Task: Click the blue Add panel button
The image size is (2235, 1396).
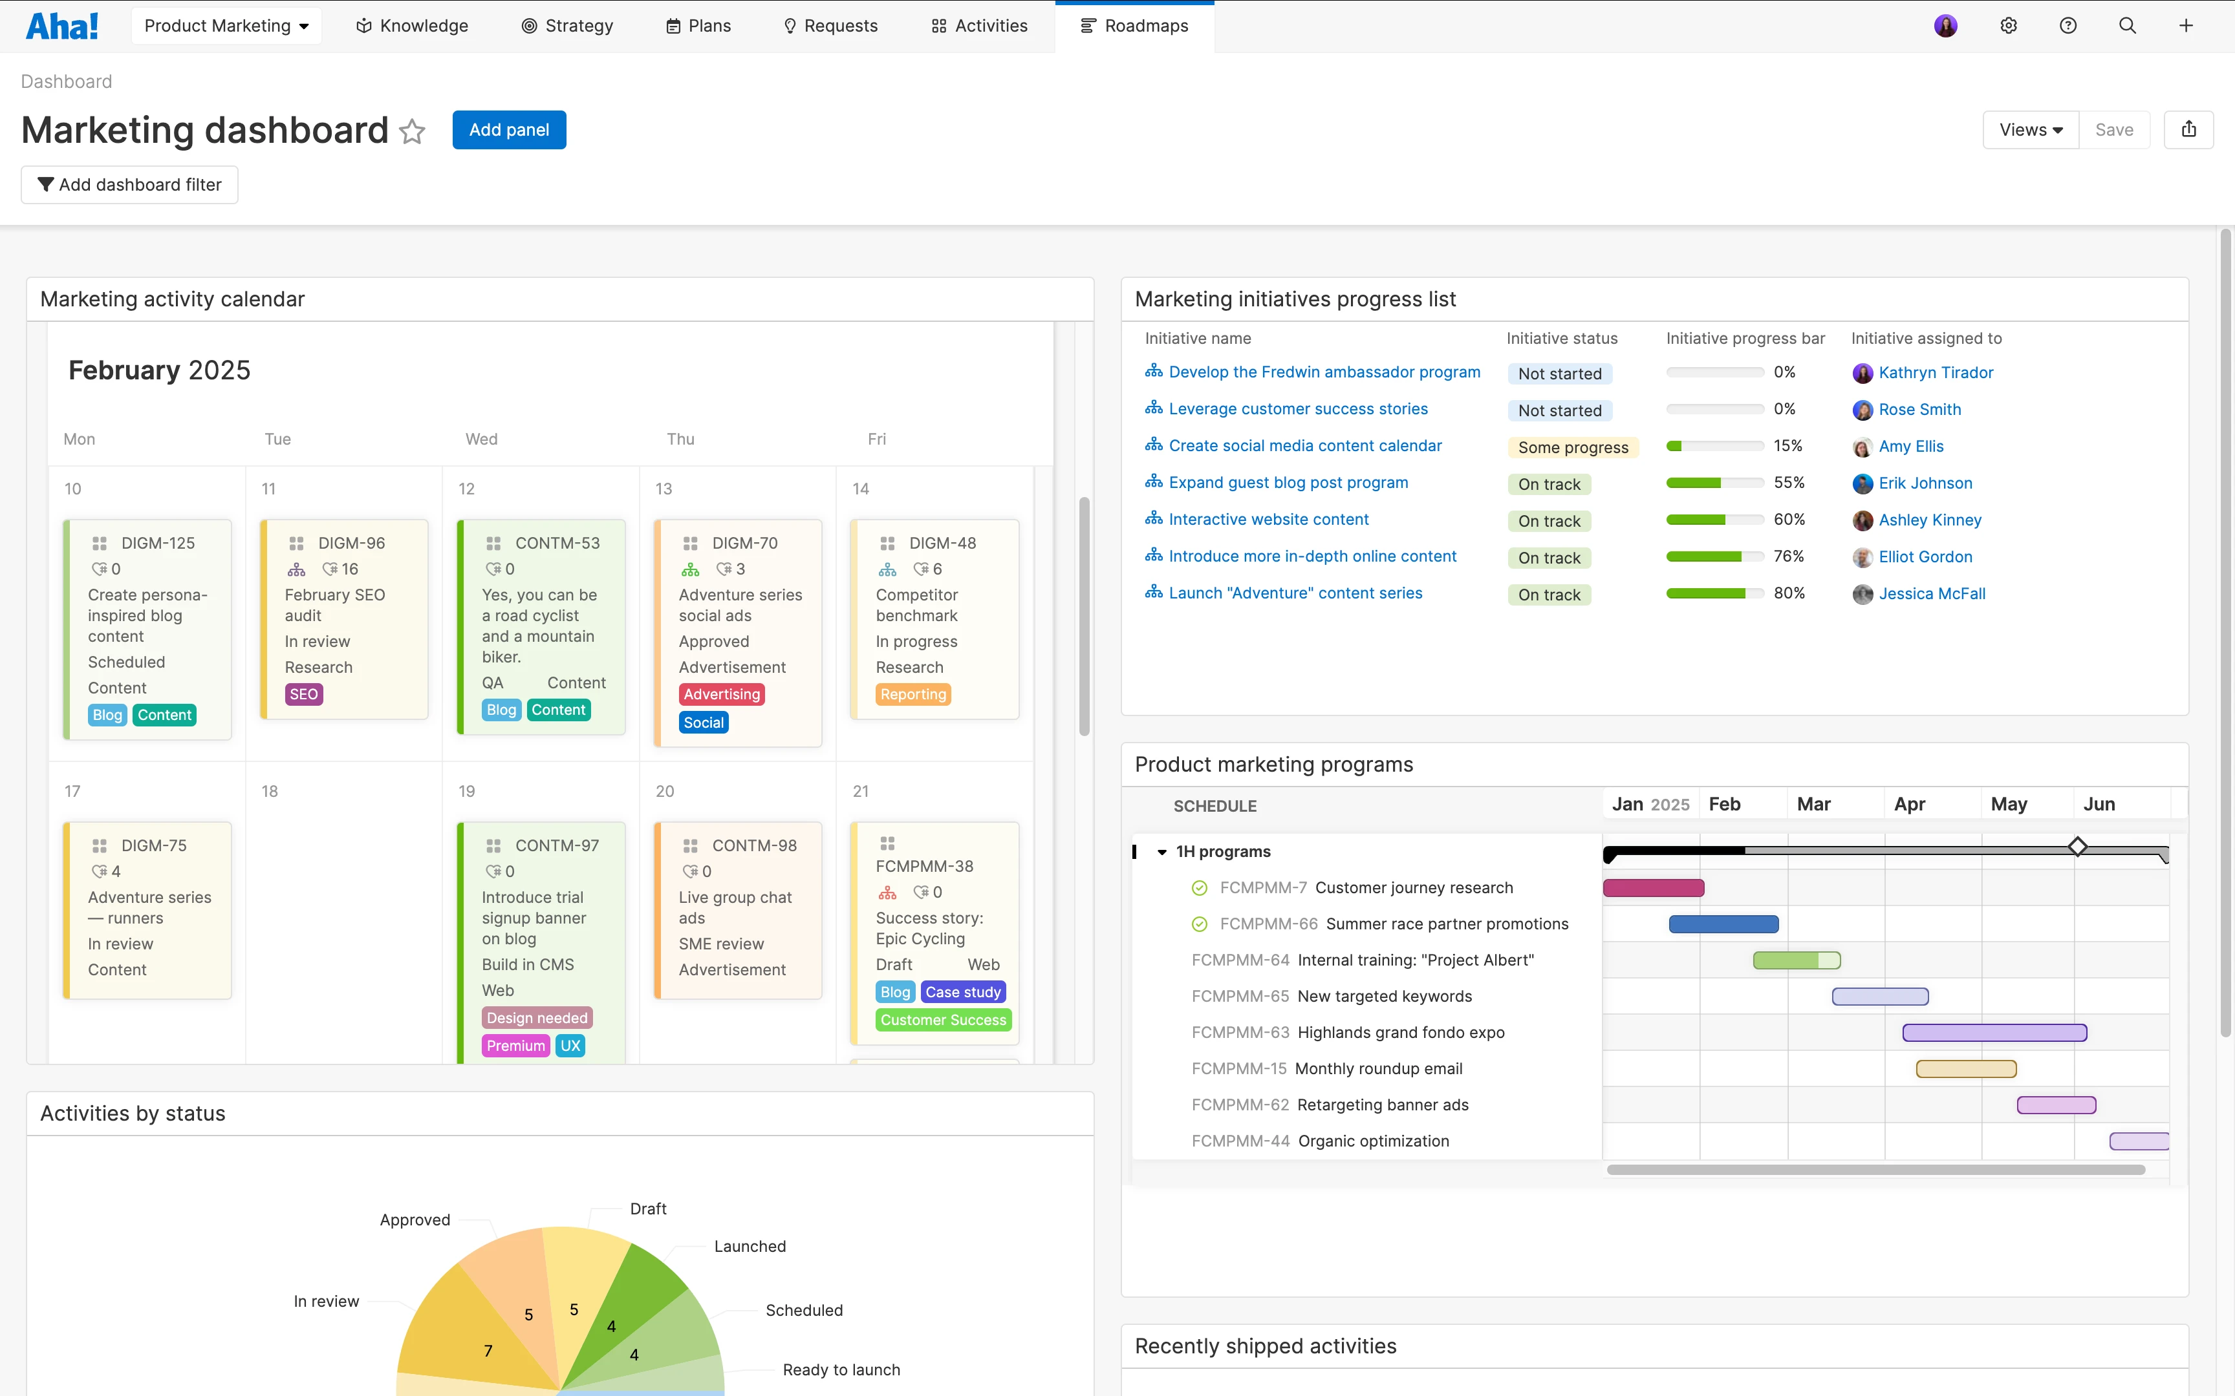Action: [x=509, y=130]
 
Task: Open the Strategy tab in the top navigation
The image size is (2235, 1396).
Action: [x=567, y=26]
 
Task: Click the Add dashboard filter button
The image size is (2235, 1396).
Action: [x=129, y=185]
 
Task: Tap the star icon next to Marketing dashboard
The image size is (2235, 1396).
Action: [x=412, y=131]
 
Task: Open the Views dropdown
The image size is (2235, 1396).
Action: [x=2030, y=130]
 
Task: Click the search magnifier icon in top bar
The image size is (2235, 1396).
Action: [x=2127, y=26]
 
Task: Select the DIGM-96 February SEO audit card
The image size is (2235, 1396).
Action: [x=343, y=619]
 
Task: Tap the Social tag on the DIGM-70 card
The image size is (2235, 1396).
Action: [x=704, y=723]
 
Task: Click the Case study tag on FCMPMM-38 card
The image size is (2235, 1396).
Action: [x=964, y=993]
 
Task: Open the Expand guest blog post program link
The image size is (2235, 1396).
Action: [x=1288, y=483]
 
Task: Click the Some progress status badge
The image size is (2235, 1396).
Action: [x=1573, y=448]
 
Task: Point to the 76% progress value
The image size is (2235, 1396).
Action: [x=1788, y=556]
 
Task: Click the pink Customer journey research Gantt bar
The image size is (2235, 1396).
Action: [x=1653, y=888]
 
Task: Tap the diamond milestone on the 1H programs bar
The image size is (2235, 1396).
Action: [x=2077, y=847]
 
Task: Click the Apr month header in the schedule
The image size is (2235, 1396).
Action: [x=1909, y=804]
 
